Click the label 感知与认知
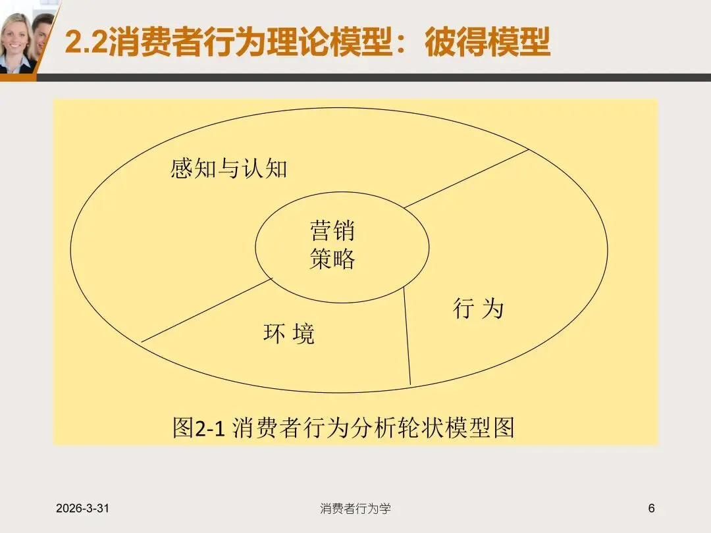tap(229, 169)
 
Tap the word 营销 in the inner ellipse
tap(332, 231)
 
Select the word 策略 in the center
tap(332, 259)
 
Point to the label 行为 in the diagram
tap(478, 308)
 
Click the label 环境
tap(289, 334)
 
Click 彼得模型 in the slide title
tap(488, 43)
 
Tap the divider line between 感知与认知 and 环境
tap(207, 310)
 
